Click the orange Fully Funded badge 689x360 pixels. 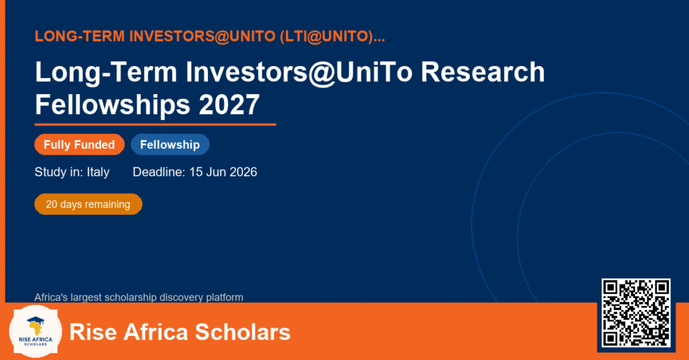pyautogui.click(x=79, y=145)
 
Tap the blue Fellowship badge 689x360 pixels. pyautogui.click(x=170, y=145)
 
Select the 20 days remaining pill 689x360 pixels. pyautogui.click(x=88, y=205)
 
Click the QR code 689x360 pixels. pyautogui.click(x=637, y=313)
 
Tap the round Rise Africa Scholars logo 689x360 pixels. pyautogui.click(x=36, y=332)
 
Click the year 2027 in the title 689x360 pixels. pyautogui.click(x=229, y=104)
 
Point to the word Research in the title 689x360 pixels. pyautogui.click(x=482, y=72)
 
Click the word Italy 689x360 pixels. pyautogui.click(x=98, y=172)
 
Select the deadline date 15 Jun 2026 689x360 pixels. pyautogui.click(x=223, y=172)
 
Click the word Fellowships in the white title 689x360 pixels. pyautogui.click(x=112, y=105)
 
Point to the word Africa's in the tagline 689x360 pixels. pyautogui.click(x=51, y=297)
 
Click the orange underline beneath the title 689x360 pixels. pyautogui.click(x=155, y=125)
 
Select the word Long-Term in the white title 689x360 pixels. pyautogui.click(x=106, y=72)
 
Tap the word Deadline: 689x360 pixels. pyautogui.click(x=159, y=172)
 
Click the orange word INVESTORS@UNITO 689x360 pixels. pyautogui.click(x=203, y=36)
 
